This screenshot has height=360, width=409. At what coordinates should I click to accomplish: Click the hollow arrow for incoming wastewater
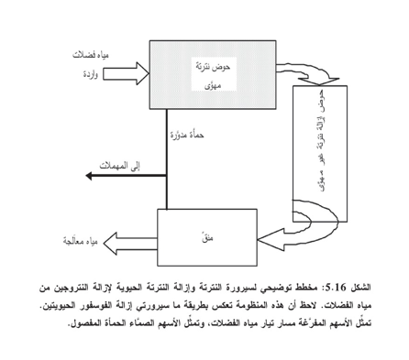(x=126, y=73)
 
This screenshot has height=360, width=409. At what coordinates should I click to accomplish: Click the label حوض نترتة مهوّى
(x=214, y=75)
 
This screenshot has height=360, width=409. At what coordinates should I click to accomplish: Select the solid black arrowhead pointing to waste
(x=89, y=176)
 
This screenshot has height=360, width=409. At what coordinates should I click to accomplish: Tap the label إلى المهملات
(x=119, y=166)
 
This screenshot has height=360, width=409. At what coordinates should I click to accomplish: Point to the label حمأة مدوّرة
(x=187, y=135)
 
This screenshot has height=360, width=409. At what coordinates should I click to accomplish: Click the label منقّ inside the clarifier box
(x=207, y=237)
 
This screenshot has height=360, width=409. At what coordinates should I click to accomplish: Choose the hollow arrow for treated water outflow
(x=130, y=244)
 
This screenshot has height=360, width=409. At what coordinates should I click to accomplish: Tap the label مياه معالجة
(x=80, y=241)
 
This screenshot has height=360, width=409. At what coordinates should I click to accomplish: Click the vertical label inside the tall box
(x=321, y=140)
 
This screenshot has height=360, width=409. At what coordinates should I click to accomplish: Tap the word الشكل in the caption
(x=360, y=288)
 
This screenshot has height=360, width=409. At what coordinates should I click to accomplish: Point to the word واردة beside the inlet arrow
(x=91, y=74)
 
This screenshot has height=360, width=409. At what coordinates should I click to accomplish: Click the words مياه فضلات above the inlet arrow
(x=91, y=55)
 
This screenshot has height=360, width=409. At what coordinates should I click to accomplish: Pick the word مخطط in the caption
(x=311, y=288)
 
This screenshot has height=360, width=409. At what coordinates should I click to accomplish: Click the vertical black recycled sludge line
(x=167, y=158)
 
